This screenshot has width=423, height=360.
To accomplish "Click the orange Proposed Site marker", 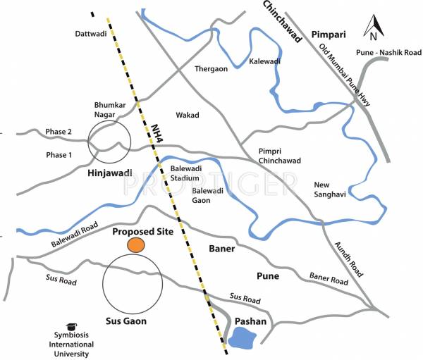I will (136, 244).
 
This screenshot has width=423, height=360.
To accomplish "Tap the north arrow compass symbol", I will (373, 27).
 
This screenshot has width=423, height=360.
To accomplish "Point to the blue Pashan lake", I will (243, 339).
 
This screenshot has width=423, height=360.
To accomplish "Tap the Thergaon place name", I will (211, 68).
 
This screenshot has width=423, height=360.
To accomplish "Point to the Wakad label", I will (188, 115).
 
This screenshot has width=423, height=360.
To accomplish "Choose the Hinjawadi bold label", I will (109, 173).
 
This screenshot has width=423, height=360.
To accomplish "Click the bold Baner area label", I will (221, 249).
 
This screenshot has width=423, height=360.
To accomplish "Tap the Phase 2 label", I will (59, 132).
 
